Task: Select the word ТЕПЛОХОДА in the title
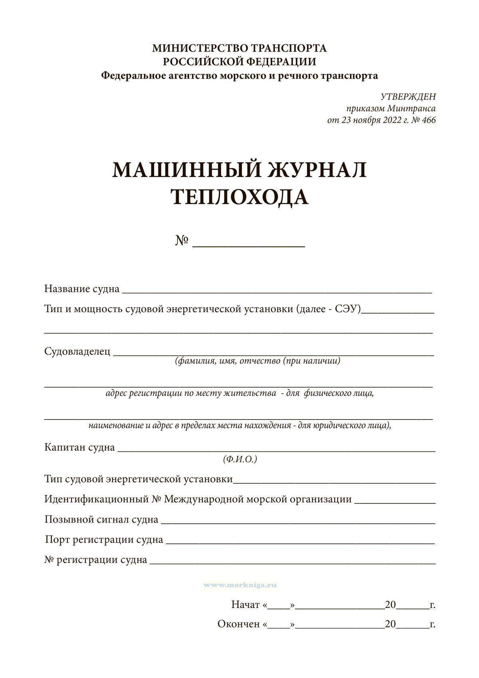(x=239, y=197)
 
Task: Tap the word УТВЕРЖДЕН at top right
(x=408, y=97)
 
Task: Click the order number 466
(x=428, y=120)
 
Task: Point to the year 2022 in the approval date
(x=384, y=120)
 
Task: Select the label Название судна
(x=82, y=288)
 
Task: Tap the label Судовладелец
(x=77, y=352)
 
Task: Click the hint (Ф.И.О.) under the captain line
(x=240, y=459)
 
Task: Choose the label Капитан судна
(x=79, y=447)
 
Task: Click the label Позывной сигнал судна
(x=101, y=519)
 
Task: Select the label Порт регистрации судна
(x=104, y=540)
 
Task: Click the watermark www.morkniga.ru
(x=240, y=585)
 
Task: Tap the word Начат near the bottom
(x=245, y=604)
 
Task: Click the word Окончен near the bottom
(x=239, y=624)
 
